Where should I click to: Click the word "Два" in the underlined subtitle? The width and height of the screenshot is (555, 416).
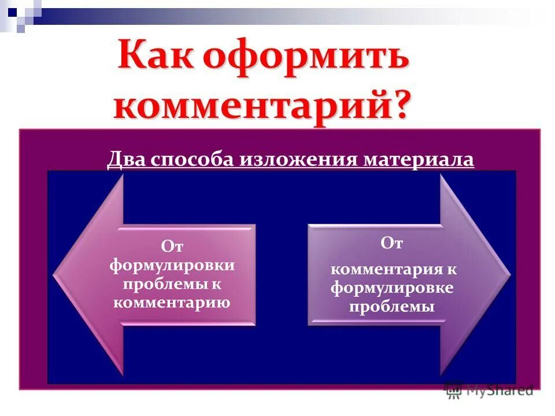coord(126,159)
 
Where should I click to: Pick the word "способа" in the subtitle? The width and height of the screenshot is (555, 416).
coord(191,159)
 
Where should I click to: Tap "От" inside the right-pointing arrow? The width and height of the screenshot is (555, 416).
coord(391,243)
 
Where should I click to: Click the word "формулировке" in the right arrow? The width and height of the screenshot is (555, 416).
coord(392,288)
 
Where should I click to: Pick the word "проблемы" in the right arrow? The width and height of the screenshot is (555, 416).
coord(391,306)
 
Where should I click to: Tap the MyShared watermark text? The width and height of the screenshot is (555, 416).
coord(501,391)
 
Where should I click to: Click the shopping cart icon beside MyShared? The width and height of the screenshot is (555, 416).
coord(454,391)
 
